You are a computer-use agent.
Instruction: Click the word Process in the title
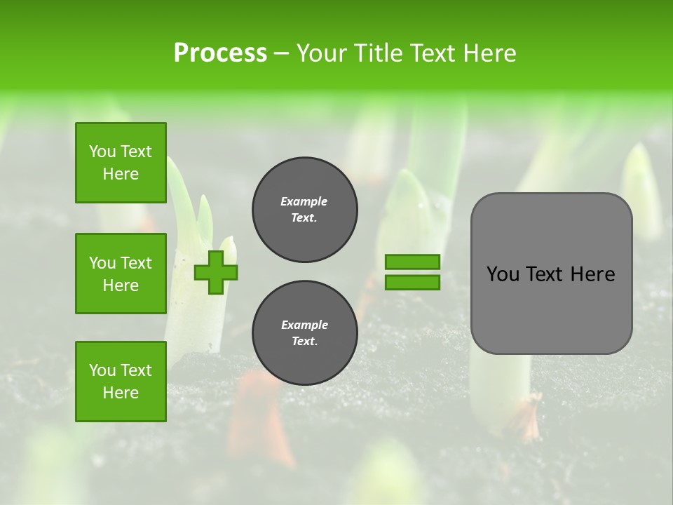pos(220,53)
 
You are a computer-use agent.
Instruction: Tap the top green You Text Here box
pos(121,163)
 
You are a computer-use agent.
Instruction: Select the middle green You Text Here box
pos(121,274)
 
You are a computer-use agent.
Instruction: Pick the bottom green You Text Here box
pos(121,382)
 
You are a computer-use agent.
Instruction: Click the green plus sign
pos(216,272)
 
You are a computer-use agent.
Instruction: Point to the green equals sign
pos(413,272)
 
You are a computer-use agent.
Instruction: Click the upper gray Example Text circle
pos(305,210)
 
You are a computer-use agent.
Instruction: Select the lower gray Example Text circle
pos(305,333)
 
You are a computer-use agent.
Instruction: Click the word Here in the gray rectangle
pos(592,274)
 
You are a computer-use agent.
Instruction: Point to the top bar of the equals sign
pos(413,262)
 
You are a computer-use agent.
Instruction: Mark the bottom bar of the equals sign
pos(413,282)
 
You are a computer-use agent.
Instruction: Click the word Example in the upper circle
pos(304,202)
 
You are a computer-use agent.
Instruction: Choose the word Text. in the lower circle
pos(304,342)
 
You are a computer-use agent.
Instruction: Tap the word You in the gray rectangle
pos(503,274)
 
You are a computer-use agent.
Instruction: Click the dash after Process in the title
pos(282,53)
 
